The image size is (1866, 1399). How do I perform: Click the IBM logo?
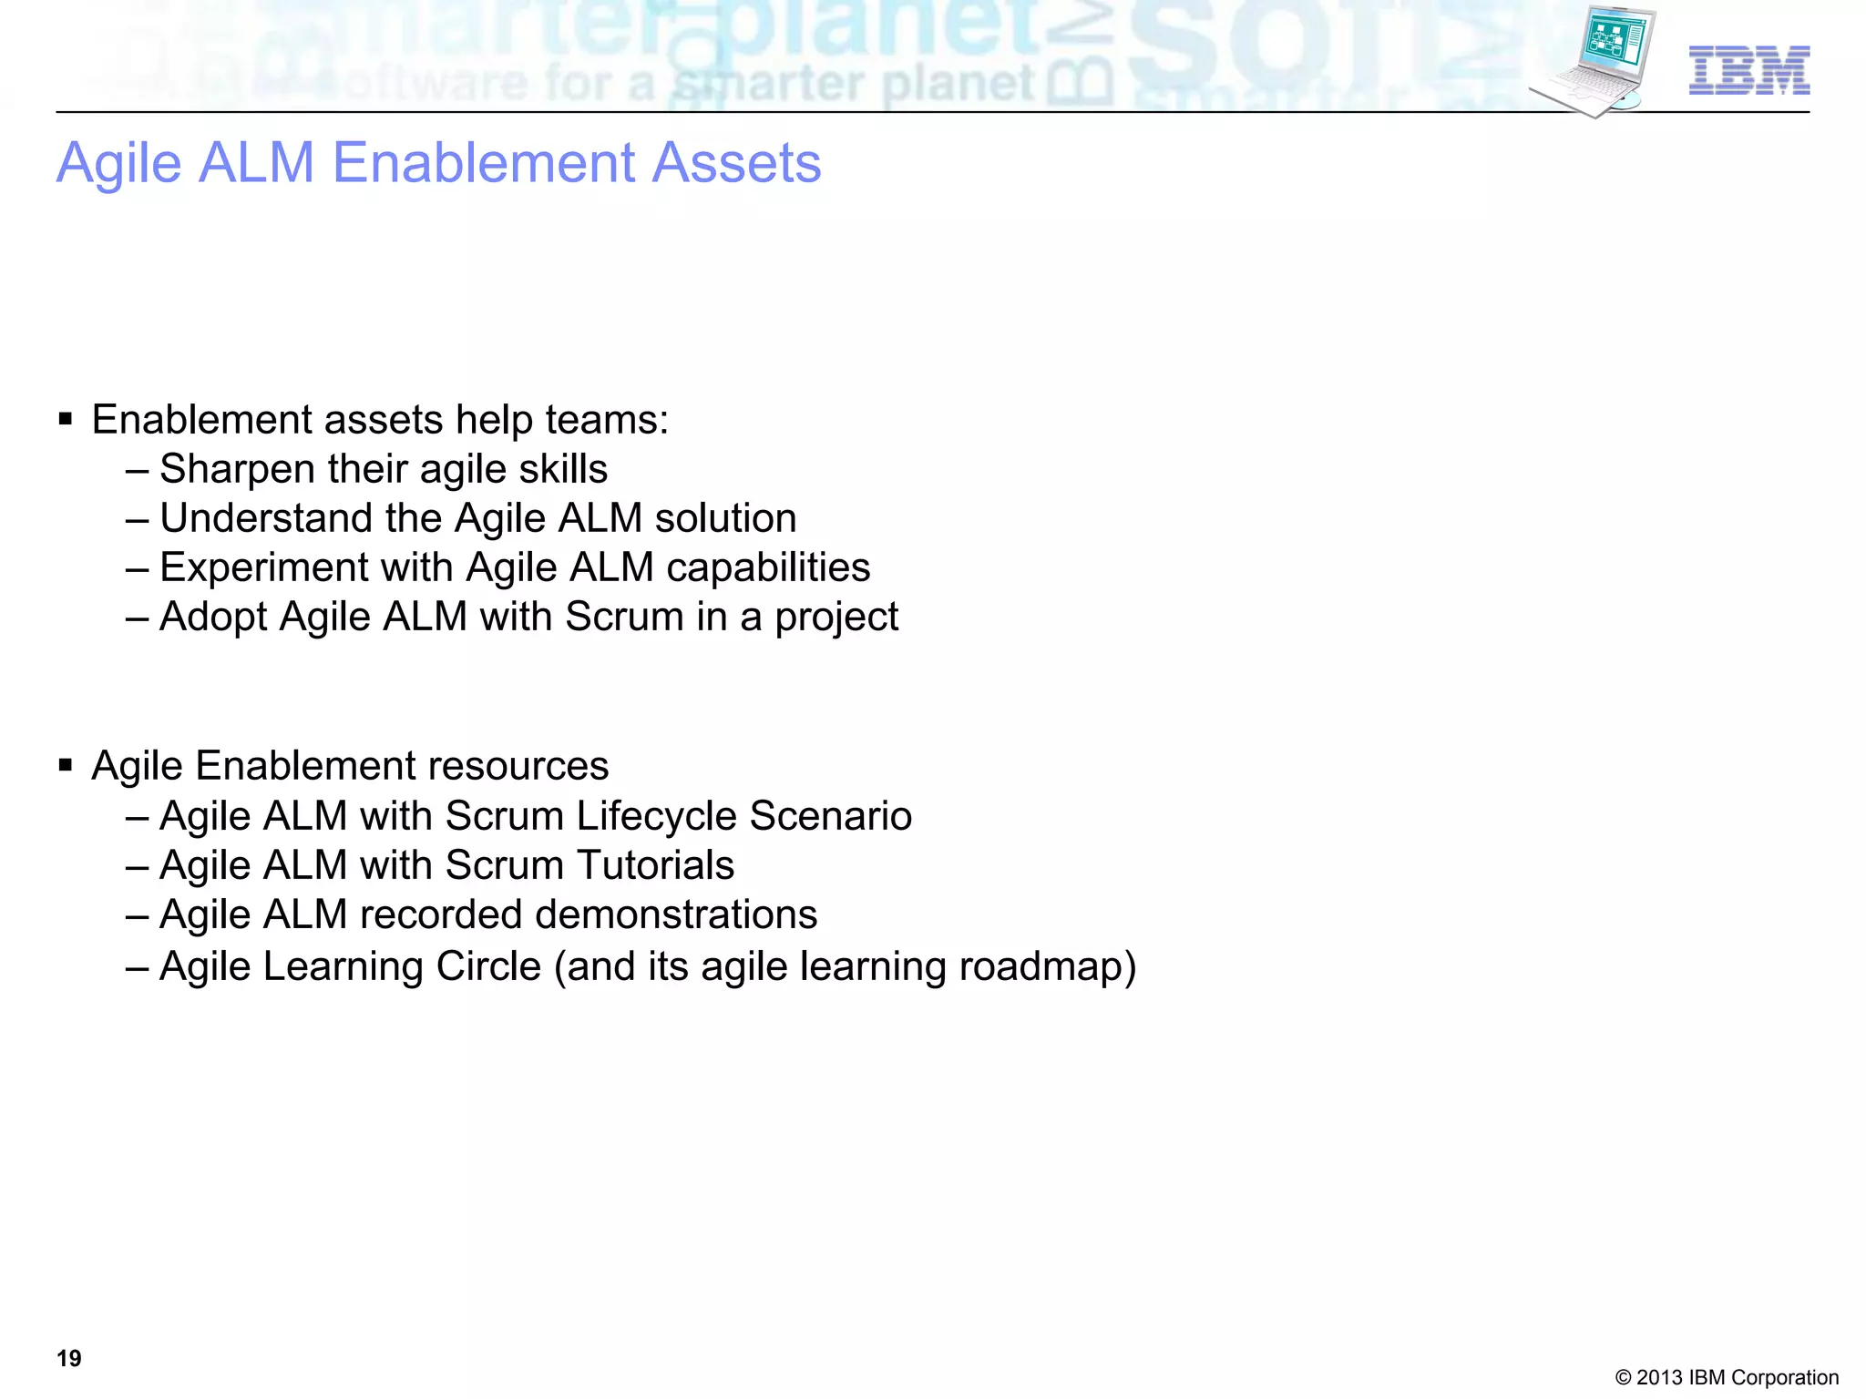point(1748,70)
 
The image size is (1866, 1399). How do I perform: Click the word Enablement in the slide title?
point(484,163)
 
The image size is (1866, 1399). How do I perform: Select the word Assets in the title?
point(737,163)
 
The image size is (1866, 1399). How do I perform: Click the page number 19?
point(69,1358)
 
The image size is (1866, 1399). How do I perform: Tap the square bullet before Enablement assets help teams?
point(65,420)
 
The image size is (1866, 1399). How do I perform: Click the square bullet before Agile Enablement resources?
point(65,766)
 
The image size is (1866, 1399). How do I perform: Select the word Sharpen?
point(237,470)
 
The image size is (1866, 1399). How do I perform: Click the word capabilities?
point(768,568)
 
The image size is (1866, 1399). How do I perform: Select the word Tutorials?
point(655,865)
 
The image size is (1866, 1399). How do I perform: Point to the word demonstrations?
point(676,915)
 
